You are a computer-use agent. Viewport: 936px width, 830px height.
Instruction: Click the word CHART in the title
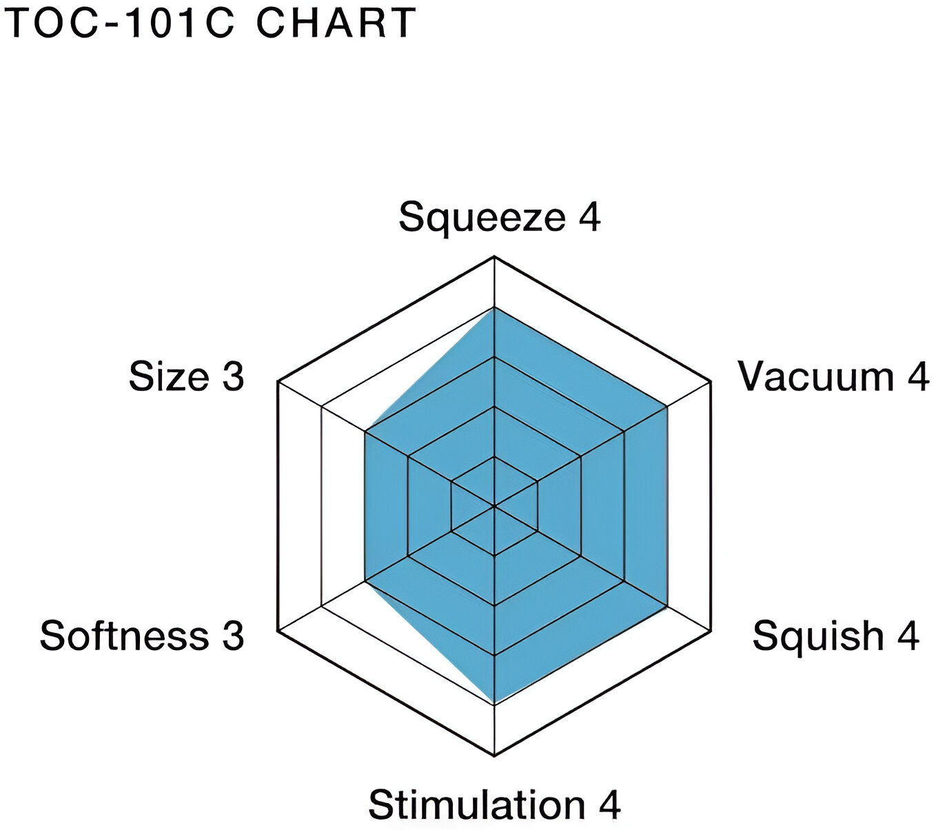click(336, 23)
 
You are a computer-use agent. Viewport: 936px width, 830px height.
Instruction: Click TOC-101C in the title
click(122, 23)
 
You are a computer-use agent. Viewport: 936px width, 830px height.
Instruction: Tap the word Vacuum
click(815, 376)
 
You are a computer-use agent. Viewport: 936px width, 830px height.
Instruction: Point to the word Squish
click(817, 637)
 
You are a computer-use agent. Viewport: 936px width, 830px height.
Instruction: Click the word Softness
click(124, 636)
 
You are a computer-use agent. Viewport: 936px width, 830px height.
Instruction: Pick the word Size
click(169, 376)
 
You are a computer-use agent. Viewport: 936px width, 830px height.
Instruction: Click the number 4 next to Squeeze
click(589, 216)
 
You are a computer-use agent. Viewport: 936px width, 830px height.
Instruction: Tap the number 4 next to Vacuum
click(918, 376)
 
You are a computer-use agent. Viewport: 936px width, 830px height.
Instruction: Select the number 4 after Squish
click(907, 636)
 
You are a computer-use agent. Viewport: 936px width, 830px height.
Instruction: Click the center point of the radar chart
click(494, 506)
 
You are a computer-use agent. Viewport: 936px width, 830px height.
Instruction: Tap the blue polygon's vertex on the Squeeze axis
click(494, 307)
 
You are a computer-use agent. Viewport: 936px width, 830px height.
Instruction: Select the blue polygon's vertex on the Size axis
click(365, 432)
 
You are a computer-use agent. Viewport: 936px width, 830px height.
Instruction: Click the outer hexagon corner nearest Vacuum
click(711, 382)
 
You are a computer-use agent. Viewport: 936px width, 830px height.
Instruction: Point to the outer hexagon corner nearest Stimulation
click(494, 756)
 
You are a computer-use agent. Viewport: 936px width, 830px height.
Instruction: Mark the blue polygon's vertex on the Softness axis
click(365, 580)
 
